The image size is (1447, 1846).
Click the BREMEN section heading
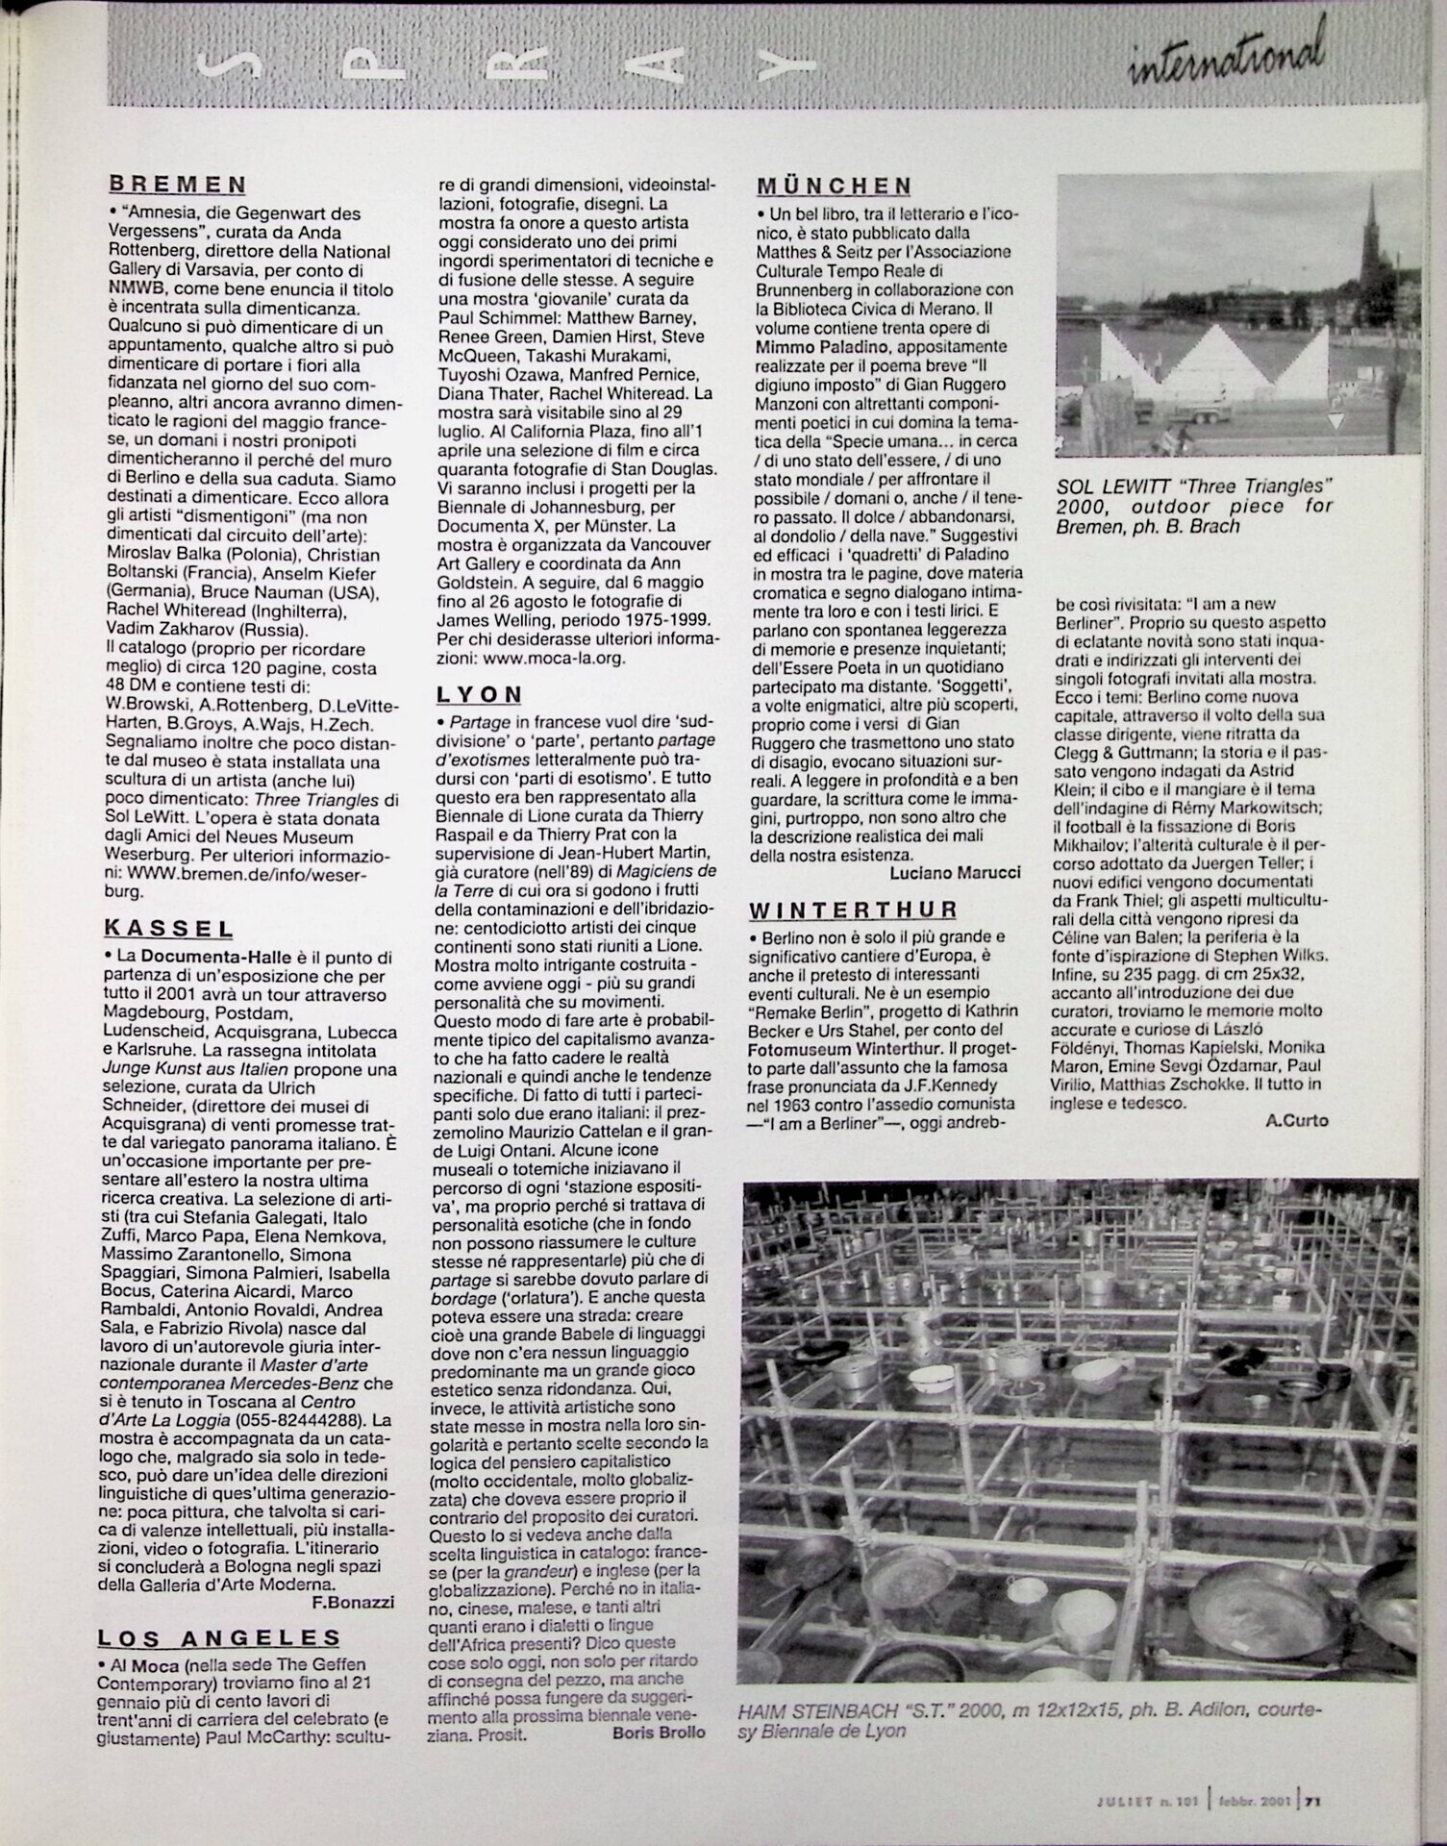177,184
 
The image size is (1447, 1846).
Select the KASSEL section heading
168,929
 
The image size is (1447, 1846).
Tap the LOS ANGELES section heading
219,1637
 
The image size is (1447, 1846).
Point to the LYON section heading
480,694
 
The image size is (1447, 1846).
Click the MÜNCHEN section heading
834,186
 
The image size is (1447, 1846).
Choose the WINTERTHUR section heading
853,911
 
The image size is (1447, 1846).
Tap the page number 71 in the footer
1311,1802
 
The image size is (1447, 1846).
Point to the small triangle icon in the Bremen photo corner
1335,420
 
